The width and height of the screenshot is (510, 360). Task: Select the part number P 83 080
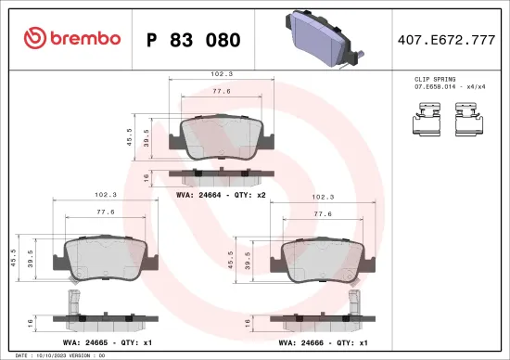[194, 40]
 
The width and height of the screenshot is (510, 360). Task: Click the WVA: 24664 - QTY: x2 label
[221, 195]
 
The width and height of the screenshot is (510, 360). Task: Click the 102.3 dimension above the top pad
[221, 73]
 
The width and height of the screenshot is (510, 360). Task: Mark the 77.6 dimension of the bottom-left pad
[104, 212]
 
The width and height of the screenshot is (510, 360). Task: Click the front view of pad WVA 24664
[221, 139]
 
